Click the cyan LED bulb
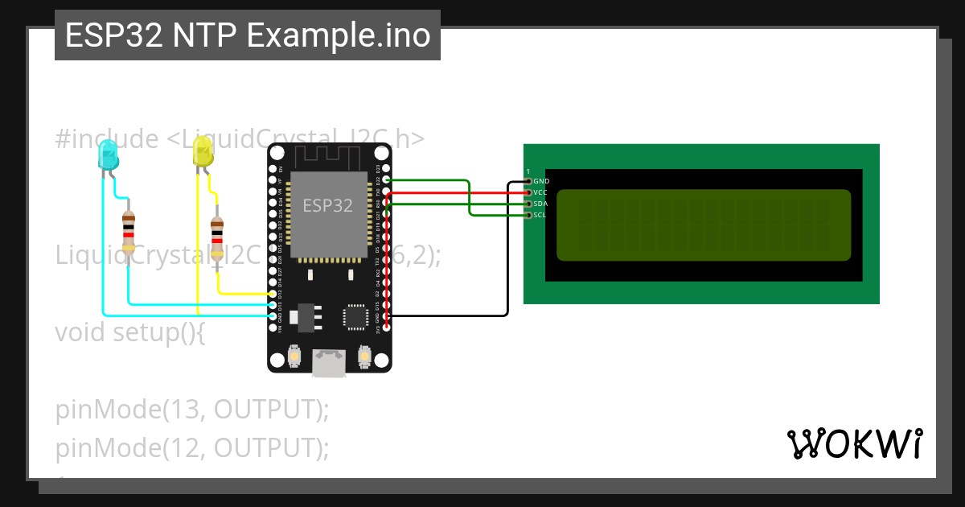[x=107, y=155]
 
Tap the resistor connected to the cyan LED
[x=129, y=233]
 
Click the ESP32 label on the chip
[x=327, y=205]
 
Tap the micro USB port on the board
[x=329, y=364]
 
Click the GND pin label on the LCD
[x=541, y=182]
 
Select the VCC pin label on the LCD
[x=541, y=193]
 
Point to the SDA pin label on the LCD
[x=541, y=204]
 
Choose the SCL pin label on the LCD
[x=540, y=216]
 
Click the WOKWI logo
[x=853, y=444]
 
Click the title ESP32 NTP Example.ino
[x=248, y=36]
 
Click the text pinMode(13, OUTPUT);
[x=193, y=410]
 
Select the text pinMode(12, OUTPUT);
[x=193, y=447]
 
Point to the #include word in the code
[x=107, y=139]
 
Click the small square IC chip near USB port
[x=355, y=316]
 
